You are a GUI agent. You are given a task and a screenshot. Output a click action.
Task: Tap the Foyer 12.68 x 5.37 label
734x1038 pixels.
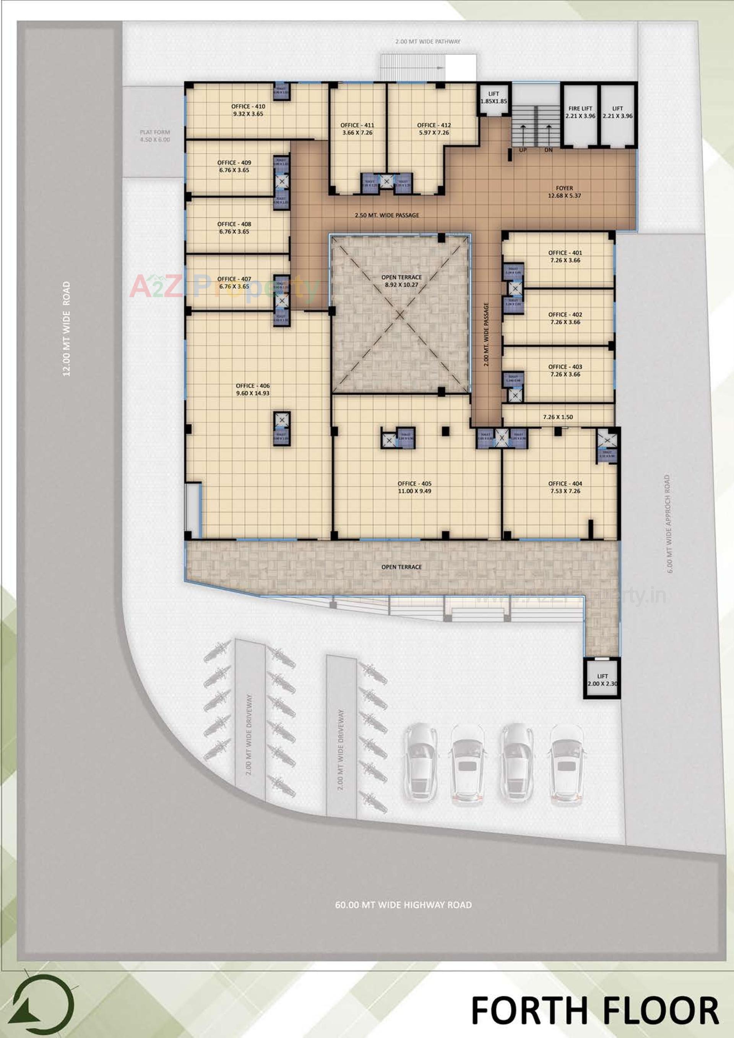[564, 192]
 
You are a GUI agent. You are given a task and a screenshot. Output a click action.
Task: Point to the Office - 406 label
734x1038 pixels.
[252, 389]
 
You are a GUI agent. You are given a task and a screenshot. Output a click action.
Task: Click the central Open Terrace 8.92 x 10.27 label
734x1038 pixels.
[401, 281]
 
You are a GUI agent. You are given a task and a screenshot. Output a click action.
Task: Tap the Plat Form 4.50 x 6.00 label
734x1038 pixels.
[155, 136]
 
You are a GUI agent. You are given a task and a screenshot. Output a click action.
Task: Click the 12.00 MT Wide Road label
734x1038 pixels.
[67, 329]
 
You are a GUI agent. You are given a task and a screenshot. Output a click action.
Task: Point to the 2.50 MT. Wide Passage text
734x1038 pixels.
[386, 215]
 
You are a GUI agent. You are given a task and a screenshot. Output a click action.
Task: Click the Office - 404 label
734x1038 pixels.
[565, 487]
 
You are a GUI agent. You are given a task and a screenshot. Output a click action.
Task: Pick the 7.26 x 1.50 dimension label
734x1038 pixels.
[558, 417]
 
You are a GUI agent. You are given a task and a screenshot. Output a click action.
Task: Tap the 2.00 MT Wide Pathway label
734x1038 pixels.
[427, 42]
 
